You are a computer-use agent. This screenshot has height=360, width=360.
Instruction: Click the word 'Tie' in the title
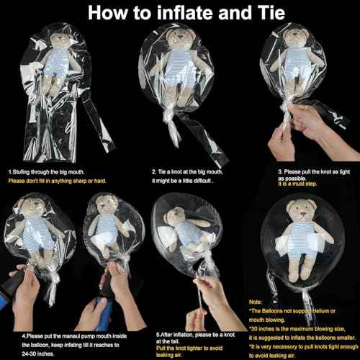271,13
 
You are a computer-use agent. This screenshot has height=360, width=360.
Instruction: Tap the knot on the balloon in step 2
167,116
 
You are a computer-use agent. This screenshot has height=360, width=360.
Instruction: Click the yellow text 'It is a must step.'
297,184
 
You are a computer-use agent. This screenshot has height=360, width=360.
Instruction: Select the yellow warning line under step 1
57,181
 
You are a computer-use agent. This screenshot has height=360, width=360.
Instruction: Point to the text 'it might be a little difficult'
182,181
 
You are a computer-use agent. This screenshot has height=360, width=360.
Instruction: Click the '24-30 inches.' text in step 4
38,354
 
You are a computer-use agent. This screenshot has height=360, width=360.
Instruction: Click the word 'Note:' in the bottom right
256,302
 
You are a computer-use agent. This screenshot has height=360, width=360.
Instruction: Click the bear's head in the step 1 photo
60,38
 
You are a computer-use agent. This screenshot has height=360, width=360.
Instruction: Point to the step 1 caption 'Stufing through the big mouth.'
47,172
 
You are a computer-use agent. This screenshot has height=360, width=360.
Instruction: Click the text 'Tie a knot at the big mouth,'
187,172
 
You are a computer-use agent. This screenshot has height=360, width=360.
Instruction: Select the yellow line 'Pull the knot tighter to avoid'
189,348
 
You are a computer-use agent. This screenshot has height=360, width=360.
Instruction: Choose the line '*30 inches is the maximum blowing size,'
297,328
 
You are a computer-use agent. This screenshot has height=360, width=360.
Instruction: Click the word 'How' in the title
107,13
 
